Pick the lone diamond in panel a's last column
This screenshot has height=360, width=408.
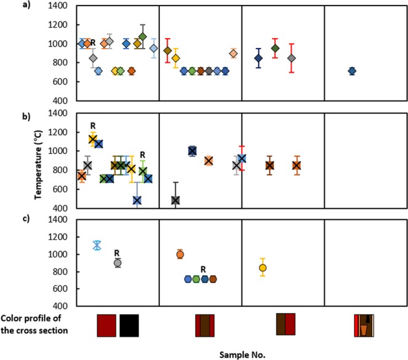[x=352, y=71]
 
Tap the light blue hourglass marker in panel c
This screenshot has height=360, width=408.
[x=97, y=245]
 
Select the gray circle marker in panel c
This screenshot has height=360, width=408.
[x=117, y=262]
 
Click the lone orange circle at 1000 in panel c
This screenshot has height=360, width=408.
[x=180, y=254]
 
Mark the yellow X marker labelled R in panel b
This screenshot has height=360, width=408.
[x=93, y=140]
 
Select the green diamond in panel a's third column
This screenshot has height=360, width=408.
[x=276, y=48]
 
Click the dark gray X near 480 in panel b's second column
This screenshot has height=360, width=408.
[x=175, y=200]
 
